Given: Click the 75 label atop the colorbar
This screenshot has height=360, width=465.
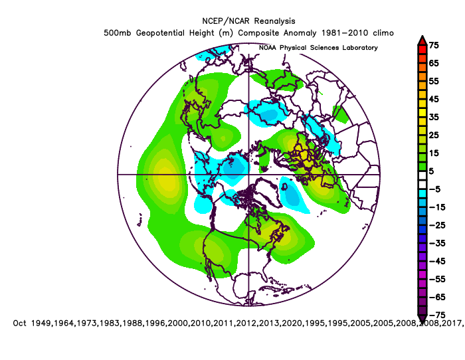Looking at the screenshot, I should click(x=434, y=45).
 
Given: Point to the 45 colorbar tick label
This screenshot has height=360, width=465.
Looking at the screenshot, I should click(x=434, y=99).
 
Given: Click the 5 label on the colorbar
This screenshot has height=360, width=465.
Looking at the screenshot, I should click(x=432, y=171).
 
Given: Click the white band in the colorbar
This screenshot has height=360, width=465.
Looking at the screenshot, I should click(x=421, y=171).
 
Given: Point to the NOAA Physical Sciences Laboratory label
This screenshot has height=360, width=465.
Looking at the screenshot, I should click(x=318, y=48).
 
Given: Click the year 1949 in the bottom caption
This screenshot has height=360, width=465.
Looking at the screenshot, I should click(x=43, y=323).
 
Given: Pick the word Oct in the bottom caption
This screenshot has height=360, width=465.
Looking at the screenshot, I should click(x=21, y=323).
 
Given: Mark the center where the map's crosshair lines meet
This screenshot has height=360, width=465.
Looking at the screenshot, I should click(x=249, y=174).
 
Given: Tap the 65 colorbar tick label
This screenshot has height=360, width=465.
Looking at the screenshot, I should click(x=434, y=63).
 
